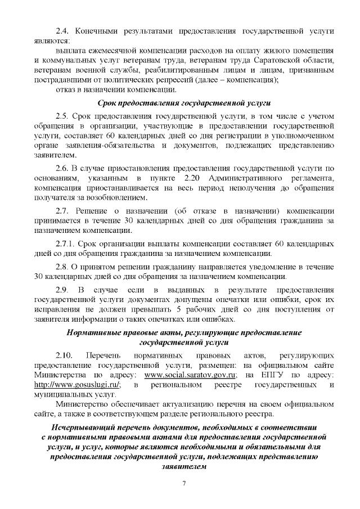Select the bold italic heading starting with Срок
tap(176, 103)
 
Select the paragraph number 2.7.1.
tap(66, 244)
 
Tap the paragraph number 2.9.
tap(62, 289)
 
